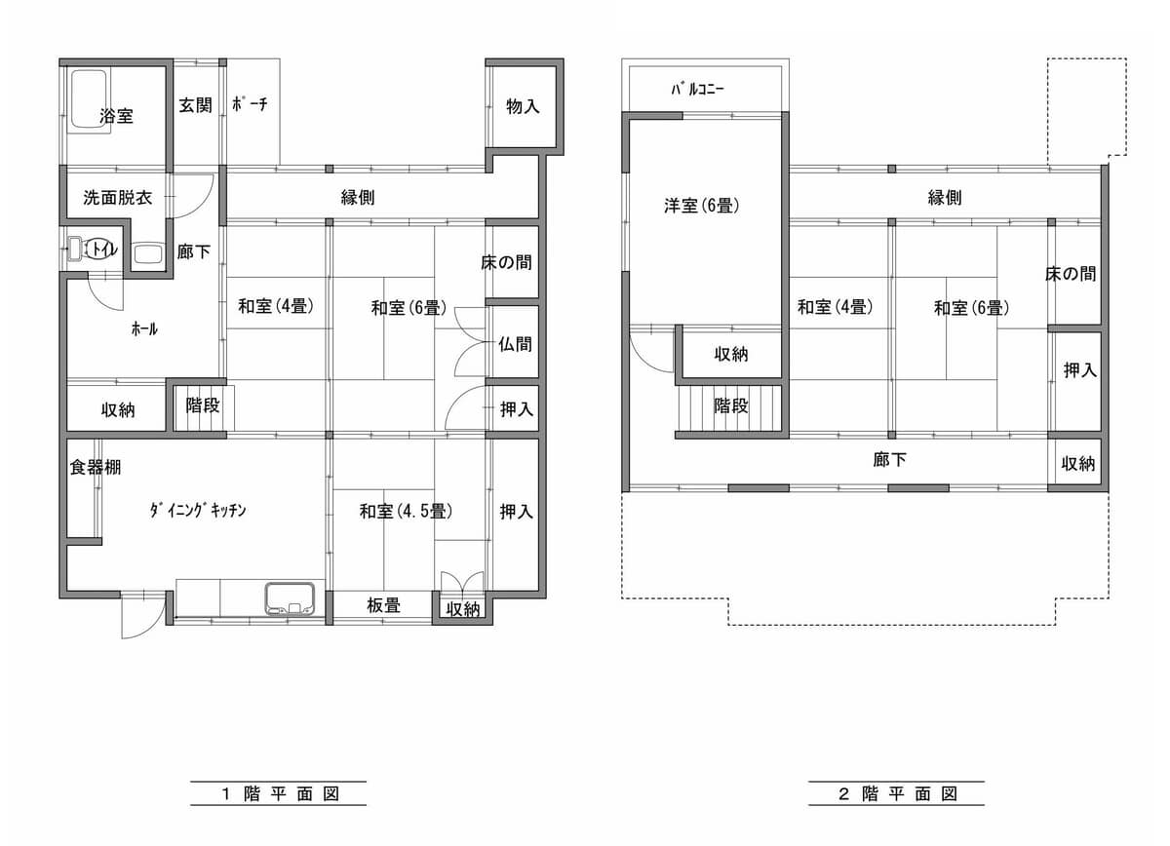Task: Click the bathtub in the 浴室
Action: [90, 98]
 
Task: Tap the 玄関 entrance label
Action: [195, 105]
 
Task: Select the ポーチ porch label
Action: [250, 104]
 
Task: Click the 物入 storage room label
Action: [523, 106]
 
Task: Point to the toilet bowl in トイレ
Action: [101, 250]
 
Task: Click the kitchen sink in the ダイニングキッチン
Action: [290, 599]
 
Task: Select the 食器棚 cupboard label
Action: [96, 467]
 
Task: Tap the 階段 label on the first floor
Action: [203, 404]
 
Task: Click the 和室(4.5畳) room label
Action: [406, 511]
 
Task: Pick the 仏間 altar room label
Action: [515, 344]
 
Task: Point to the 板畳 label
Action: [383, 605]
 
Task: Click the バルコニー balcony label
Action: [698, 89]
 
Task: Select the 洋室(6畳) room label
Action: [701, 206]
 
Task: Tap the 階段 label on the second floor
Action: [730, 405]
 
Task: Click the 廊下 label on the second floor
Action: [889, 459]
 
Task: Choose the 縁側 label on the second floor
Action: [945, 198]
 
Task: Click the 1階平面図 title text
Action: [281, 793]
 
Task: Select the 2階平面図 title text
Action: [898, 793]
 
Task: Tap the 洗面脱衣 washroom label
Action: [118, 198]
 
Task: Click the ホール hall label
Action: [144, 328]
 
